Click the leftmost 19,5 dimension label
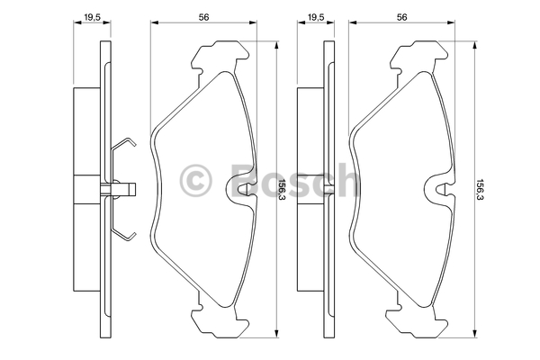coord(92,17)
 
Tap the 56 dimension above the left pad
coord(203,17)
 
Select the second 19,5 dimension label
coord(316,17)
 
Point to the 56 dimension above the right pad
coord(402,17)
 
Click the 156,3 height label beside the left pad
coord(283,190)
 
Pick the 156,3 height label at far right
coord(480,190)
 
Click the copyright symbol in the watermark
coord(195,181)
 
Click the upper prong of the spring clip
coord(123,144)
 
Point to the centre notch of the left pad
coord(243,188)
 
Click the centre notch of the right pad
coord(441,188)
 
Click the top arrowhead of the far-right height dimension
coord(475,45)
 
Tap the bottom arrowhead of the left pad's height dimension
coord(276,334)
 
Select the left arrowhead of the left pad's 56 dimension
coord(154,22)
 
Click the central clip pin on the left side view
coord(118,189)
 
